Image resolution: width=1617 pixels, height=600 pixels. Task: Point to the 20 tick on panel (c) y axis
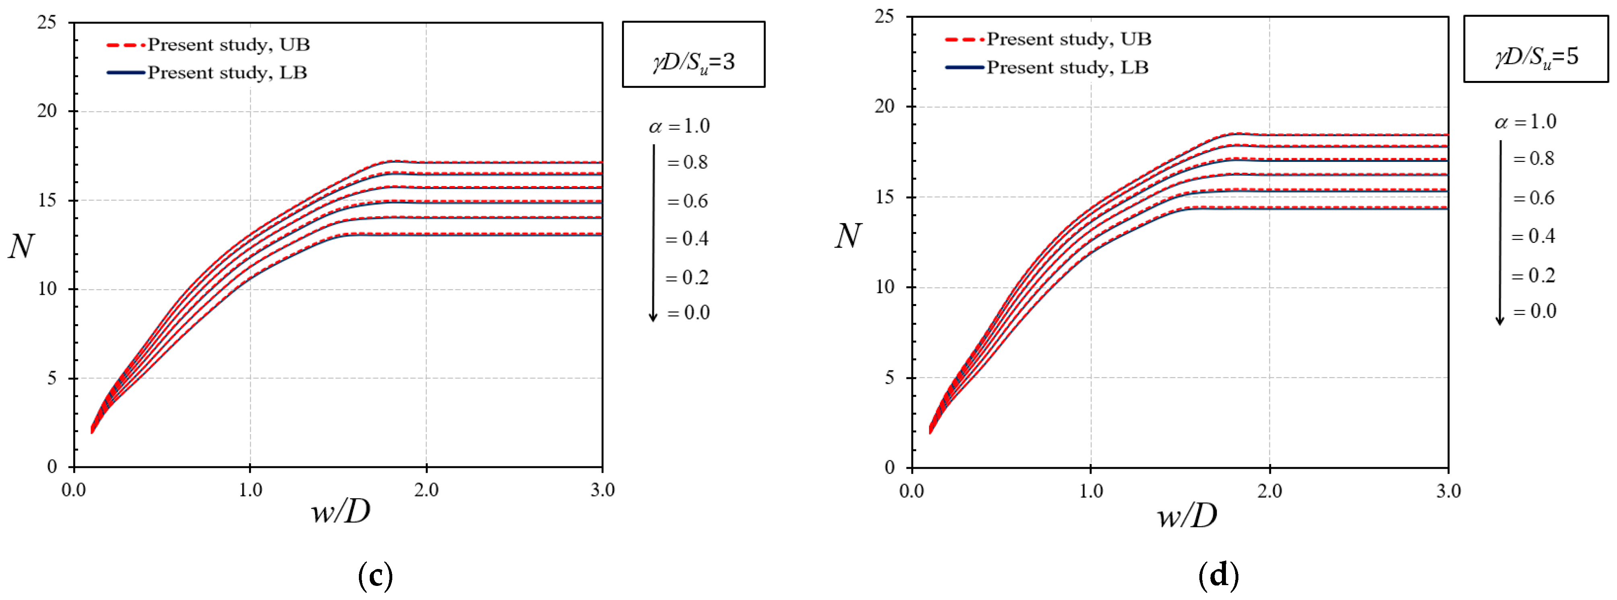(47, 111)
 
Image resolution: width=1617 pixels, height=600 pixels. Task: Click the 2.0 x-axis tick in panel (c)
(426, 489)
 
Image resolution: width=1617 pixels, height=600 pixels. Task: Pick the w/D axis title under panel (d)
(1186, 516)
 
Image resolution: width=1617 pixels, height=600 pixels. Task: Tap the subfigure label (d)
(1218, 575)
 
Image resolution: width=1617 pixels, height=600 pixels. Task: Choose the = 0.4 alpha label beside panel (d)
(1533, 236)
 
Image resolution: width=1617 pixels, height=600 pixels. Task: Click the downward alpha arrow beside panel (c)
(653, 232)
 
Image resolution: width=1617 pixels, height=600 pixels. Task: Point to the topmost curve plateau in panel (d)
(1349, 134)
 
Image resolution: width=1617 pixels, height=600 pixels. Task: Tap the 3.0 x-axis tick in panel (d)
(1448, 491)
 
